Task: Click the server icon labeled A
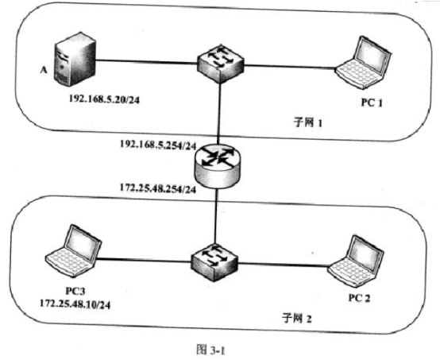pos(75,60)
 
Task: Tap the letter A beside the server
pos(44,69)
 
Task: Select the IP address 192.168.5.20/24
pos(104,99)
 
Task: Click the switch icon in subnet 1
pos(221,64)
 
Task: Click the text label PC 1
pos(372,103)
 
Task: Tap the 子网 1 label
pos(308,122)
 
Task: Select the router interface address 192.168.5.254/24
pos(158,145)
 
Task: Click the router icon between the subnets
pos(217,166)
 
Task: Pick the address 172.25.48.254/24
pos(158,188)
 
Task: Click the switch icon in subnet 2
pos(214,263)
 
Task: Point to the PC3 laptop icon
pos(74,251)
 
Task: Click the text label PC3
pos(75,291)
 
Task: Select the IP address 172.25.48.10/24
pos(75,304)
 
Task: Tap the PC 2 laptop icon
pos(356,261)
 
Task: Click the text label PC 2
pos(359,298)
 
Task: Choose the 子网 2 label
pos(296,319)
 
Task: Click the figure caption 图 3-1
pos(210,350)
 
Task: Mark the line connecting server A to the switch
pos(146,61)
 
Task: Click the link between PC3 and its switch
pos(144,261)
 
